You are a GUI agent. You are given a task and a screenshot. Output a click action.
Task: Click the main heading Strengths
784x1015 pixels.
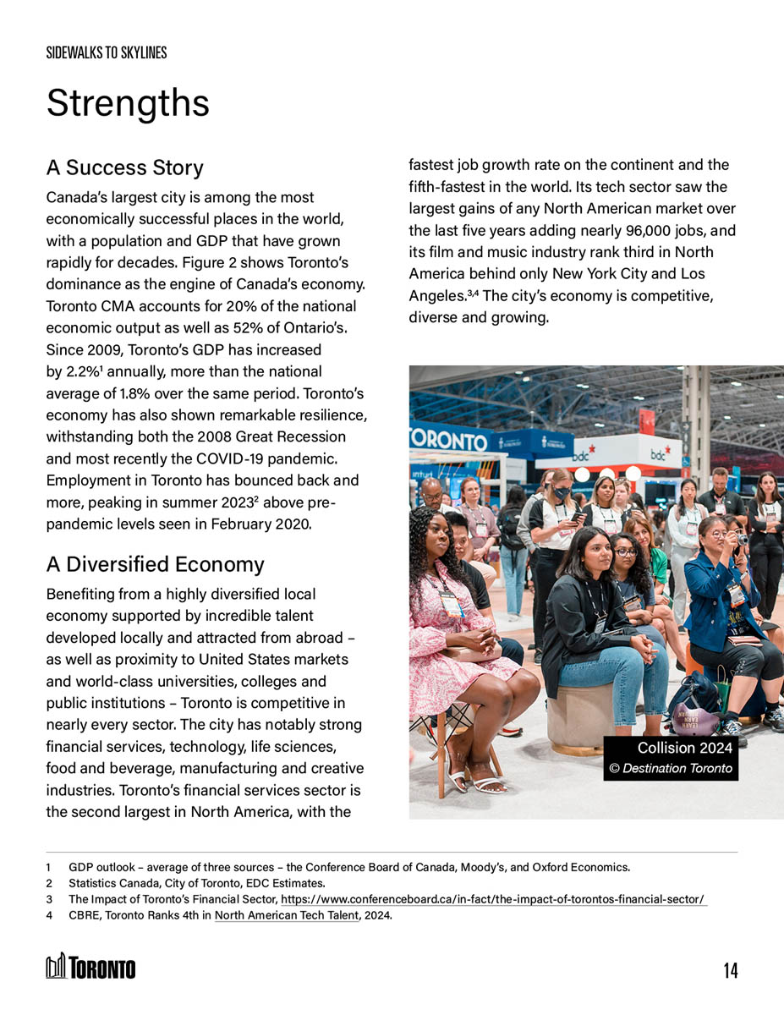coord(128,103)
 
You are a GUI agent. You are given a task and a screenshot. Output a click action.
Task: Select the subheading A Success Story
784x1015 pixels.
coord(124,167)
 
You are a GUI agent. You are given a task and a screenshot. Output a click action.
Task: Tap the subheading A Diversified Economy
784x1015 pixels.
coord(155,564)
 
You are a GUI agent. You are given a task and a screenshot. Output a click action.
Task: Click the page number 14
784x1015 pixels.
coord(730,970)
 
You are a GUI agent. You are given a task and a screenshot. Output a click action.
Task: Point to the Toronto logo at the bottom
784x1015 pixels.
coord(91,967)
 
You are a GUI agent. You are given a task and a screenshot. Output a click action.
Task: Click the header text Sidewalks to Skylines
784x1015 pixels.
coord(107,52)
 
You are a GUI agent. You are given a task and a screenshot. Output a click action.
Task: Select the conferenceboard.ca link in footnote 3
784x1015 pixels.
coord(493,899)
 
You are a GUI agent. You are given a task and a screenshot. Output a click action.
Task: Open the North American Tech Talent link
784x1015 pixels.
coord(287,915)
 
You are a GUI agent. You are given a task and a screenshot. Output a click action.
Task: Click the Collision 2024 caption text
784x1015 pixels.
coord(685,748)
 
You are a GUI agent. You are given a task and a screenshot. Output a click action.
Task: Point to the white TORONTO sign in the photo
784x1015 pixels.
coord(449,440)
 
